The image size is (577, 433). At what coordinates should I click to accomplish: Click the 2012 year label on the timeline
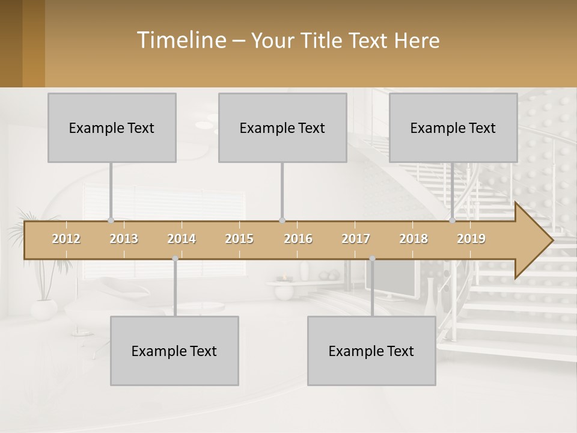click(x=66, y=239)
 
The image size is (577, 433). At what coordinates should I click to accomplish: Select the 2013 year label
click(x=124, y=239)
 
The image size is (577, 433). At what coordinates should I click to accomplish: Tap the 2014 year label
click(x=182, y=239)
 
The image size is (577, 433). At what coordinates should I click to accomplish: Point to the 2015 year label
click(x=239, y=239)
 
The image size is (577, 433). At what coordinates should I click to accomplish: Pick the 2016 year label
click(x=298, y=239)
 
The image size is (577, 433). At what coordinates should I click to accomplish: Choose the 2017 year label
click(x=356, y=239)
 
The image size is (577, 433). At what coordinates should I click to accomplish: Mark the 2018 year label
click(x=414, y=239)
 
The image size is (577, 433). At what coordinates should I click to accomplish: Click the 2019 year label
click(x=471, y=239)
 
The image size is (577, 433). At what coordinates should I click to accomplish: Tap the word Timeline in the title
click(x=180, y=40)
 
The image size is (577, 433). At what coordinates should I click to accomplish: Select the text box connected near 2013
click(x=112, y=127)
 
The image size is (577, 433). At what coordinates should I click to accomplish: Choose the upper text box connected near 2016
click(x=282, y=127)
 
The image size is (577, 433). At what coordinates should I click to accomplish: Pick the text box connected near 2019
click(x=453, y=127)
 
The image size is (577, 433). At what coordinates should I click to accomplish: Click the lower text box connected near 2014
click(x=174, y=351)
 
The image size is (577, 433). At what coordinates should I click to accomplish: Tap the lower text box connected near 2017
click(x=371, y=351)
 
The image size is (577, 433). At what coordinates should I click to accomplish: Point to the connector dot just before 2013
click(x=111, y=220)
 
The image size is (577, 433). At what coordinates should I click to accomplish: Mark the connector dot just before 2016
click(x=282, y=220)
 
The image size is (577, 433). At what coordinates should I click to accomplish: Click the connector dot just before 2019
click(x=453, y=220)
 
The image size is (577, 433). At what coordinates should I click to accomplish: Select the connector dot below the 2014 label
click(x=175, y=259)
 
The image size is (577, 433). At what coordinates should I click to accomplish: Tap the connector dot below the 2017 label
click(x=372, y=259)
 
